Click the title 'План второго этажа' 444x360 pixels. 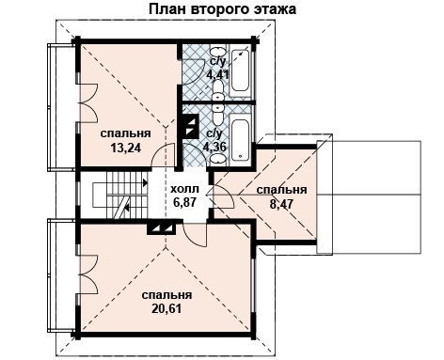click(x=221, y=10)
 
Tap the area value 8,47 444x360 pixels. click(x=279, y=203)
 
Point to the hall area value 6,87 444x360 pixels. click(x=184, y=202)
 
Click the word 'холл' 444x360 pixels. click(x=184, y=188)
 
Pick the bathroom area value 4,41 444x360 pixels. click(x=217, y=73)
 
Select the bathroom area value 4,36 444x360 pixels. click(x=215, y=147)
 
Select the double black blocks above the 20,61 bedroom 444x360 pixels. click(x=161, y=227)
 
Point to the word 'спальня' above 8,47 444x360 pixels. click(x=281, y=189)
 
